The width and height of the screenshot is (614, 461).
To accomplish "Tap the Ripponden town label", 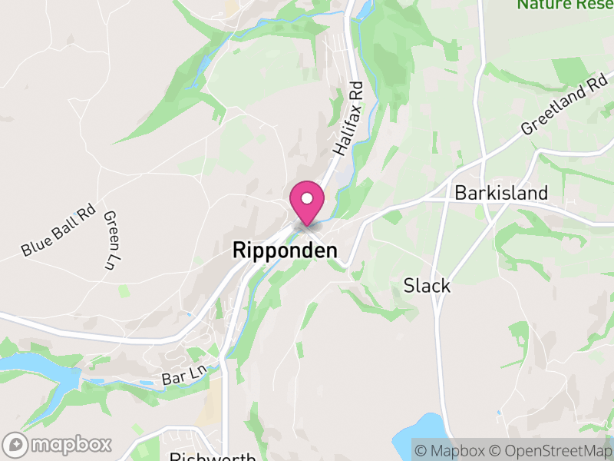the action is click(284, 251).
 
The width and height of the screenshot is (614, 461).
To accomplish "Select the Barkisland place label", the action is click(501, 192).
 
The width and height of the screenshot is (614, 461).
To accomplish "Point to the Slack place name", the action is click(427, 286).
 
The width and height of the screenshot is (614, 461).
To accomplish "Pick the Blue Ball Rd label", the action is click(58, 230).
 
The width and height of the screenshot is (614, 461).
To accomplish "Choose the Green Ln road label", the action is click(112, 240).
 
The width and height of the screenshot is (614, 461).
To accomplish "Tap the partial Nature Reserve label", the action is click(565, 5).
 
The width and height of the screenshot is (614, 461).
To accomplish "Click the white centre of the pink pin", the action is click(307, 198).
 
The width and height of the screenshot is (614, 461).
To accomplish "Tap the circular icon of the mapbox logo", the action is click(15, 444).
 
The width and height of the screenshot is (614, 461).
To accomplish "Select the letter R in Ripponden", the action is click(238, 251).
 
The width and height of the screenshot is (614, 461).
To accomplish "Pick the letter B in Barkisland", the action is click(460, 192).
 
